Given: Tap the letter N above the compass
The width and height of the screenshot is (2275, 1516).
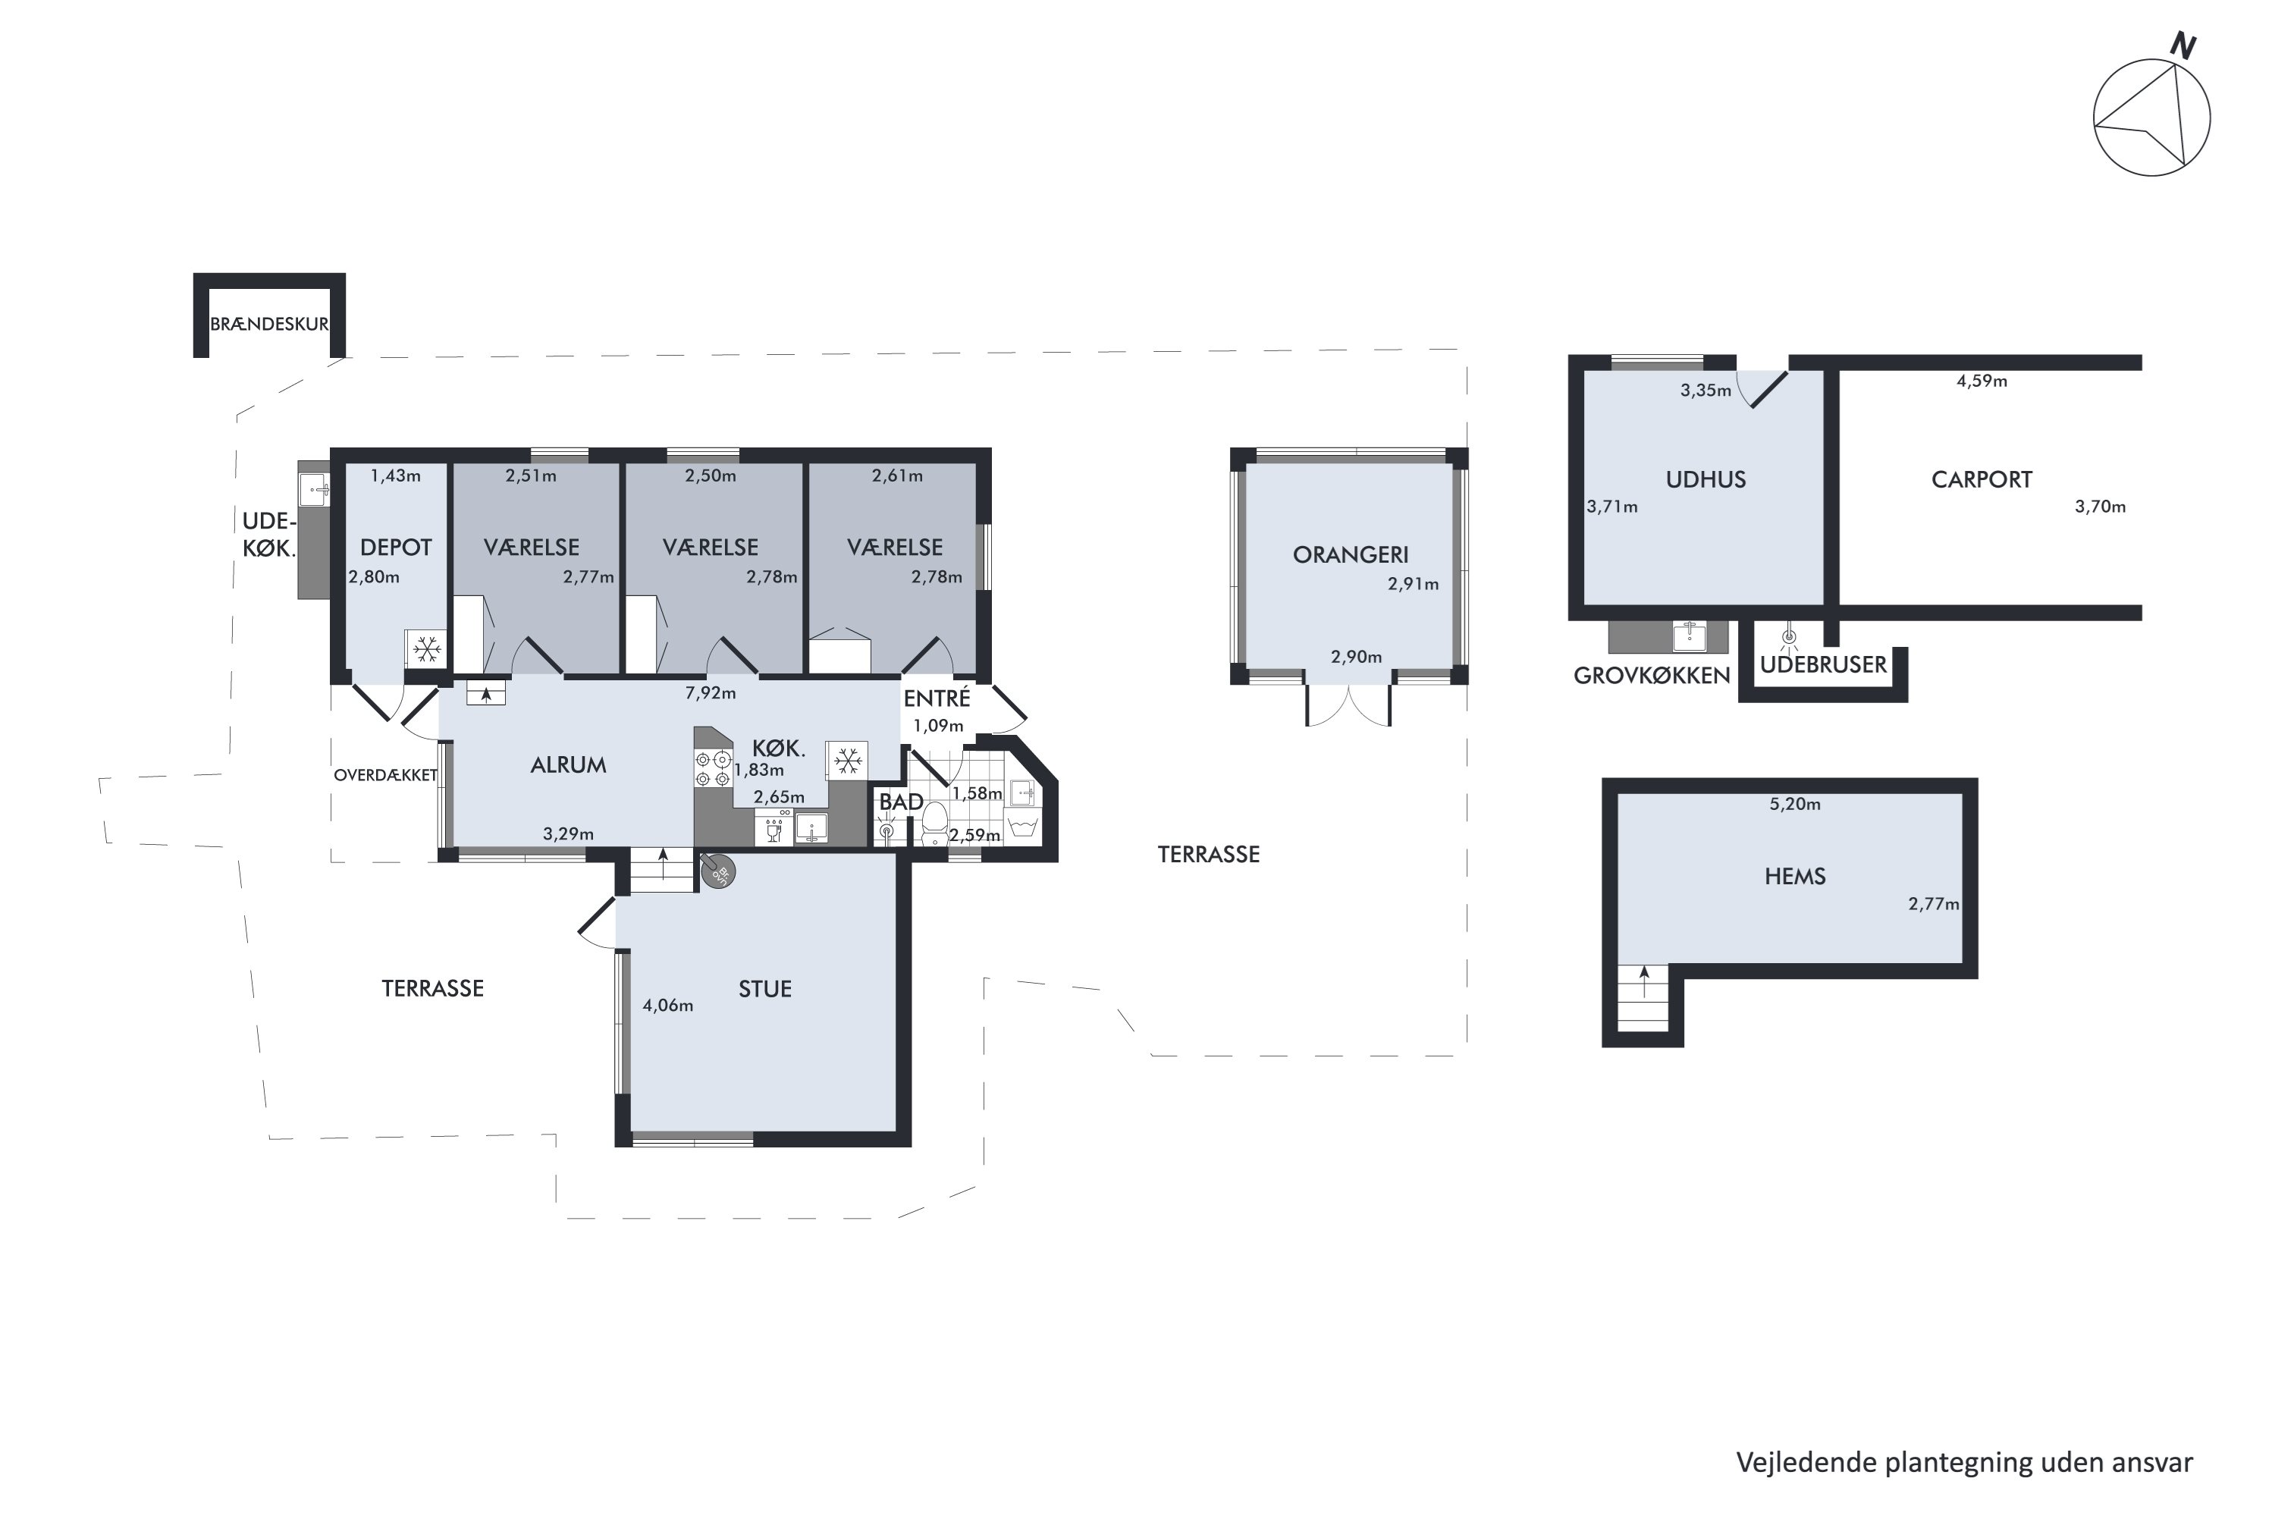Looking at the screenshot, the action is point(2183,46).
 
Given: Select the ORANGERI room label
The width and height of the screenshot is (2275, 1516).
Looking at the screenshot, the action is point(1350,555).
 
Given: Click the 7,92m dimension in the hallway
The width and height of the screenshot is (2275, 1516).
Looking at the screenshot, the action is point(711,693).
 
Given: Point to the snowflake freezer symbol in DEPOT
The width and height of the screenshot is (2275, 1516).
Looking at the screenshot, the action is point(426,648).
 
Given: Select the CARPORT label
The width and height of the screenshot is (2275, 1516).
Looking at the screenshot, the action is point(1981,479).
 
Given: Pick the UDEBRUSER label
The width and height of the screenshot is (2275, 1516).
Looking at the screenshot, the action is point(1822,665).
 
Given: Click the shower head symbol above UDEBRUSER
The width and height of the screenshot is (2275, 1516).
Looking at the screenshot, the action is point(1789,636).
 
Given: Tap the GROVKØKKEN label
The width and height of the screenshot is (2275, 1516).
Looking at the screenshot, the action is point(1652,676).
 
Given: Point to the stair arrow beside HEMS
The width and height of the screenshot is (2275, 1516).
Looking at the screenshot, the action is point(1645,982).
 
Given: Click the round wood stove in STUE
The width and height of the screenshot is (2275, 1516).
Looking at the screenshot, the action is point(717,870).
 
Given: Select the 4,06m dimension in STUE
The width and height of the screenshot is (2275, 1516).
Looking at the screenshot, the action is point(668,1006).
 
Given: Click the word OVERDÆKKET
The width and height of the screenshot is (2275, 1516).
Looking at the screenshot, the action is point(386,775).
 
